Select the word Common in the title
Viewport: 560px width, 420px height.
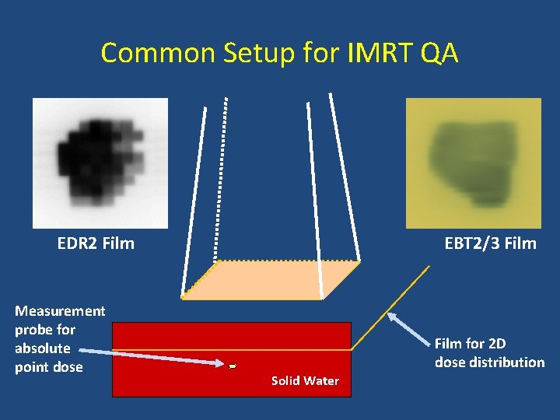[x=152, y=53]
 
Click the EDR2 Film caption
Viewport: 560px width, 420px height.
[x=96, y=243]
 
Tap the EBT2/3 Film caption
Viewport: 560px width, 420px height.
[x=490, y=243]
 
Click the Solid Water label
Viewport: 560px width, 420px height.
[x=305, y=380]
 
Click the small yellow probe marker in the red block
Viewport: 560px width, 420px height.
[x=233, y=365]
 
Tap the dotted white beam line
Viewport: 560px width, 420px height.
[x=220, y=179]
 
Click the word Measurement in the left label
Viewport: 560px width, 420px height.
[x=60, y=311]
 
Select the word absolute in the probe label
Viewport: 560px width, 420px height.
[x=42, y=348]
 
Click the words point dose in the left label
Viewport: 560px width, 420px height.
[x=48, y=367]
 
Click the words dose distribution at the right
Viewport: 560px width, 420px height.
[x=489, y=362]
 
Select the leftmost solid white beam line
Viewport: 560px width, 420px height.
[x=194, y=202]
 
